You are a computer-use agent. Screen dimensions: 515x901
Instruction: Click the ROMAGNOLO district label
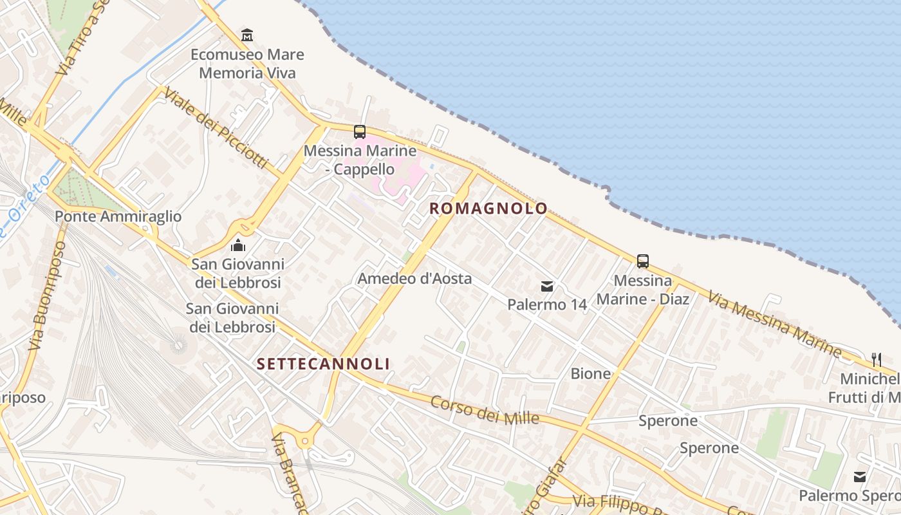[x=488, y=209]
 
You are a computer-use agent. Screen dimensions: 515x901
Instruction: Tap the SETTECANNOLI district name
[x=323, y=364]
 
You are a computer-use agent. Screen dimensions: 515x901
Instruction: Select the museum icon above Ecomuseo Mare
[x=247, y=34]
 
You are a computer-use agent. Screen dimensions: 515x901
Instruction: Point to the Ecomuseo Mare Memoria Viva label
[x=247, y=64]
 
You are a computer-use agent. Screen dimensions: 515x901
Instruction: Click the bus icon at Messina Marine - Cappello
[x=360, y=132]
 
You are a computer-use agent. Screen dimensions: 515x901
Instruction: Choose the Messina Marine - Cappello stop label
[x=359, y=160]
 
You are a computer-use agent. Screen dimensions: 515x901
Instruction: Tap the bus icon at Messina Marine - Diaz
[x=642, y=261]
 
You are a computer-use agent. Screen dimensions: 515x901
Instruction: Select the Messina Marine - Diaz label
[x=642, y=290]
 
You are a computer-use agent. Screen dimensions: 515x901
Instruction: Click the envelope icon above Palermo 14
[x=547, y=286]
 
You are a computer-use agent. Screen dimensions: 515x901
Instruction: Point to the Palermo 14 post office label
[x=547, y=304]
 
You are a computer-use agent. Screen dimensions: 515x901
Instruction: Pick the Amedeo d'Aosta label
[x=414, y=279]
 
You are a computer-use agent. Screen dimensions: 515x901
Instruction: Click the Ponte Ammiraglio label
[x=118, y=216]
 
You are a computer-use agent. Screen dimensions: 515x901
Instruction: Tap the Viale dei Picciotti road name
[x=215, y=127]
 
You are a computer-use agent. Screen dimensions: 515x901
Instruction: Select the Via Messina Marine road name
[x=774, y=324]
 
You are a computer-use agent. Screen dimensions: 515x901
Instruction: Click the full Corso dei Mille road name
[x=484, y=410]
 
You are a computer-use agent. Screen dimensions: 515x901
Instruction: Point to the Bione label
[x=590, y=373]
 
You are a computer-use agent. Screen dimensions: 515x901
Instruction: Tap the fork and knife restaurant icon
[x=876, y=359]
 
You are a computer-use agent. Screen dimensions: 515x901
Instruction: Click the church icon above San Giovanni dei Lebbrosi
[x=238, y=245]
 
